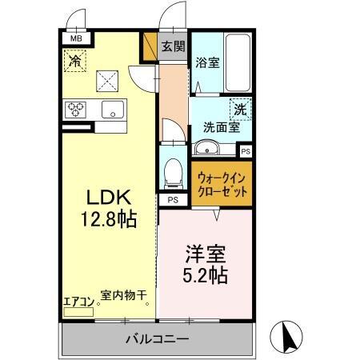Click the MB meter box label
tap(76, 37)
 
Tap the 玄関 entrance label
tap(174, 46)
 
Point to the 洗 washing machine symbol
tap(241, 107)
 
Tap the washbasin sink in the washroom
tap(206, 148)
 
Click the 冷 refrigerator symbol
tap(75, 60)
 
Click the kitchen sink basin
tap(113, 110)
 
